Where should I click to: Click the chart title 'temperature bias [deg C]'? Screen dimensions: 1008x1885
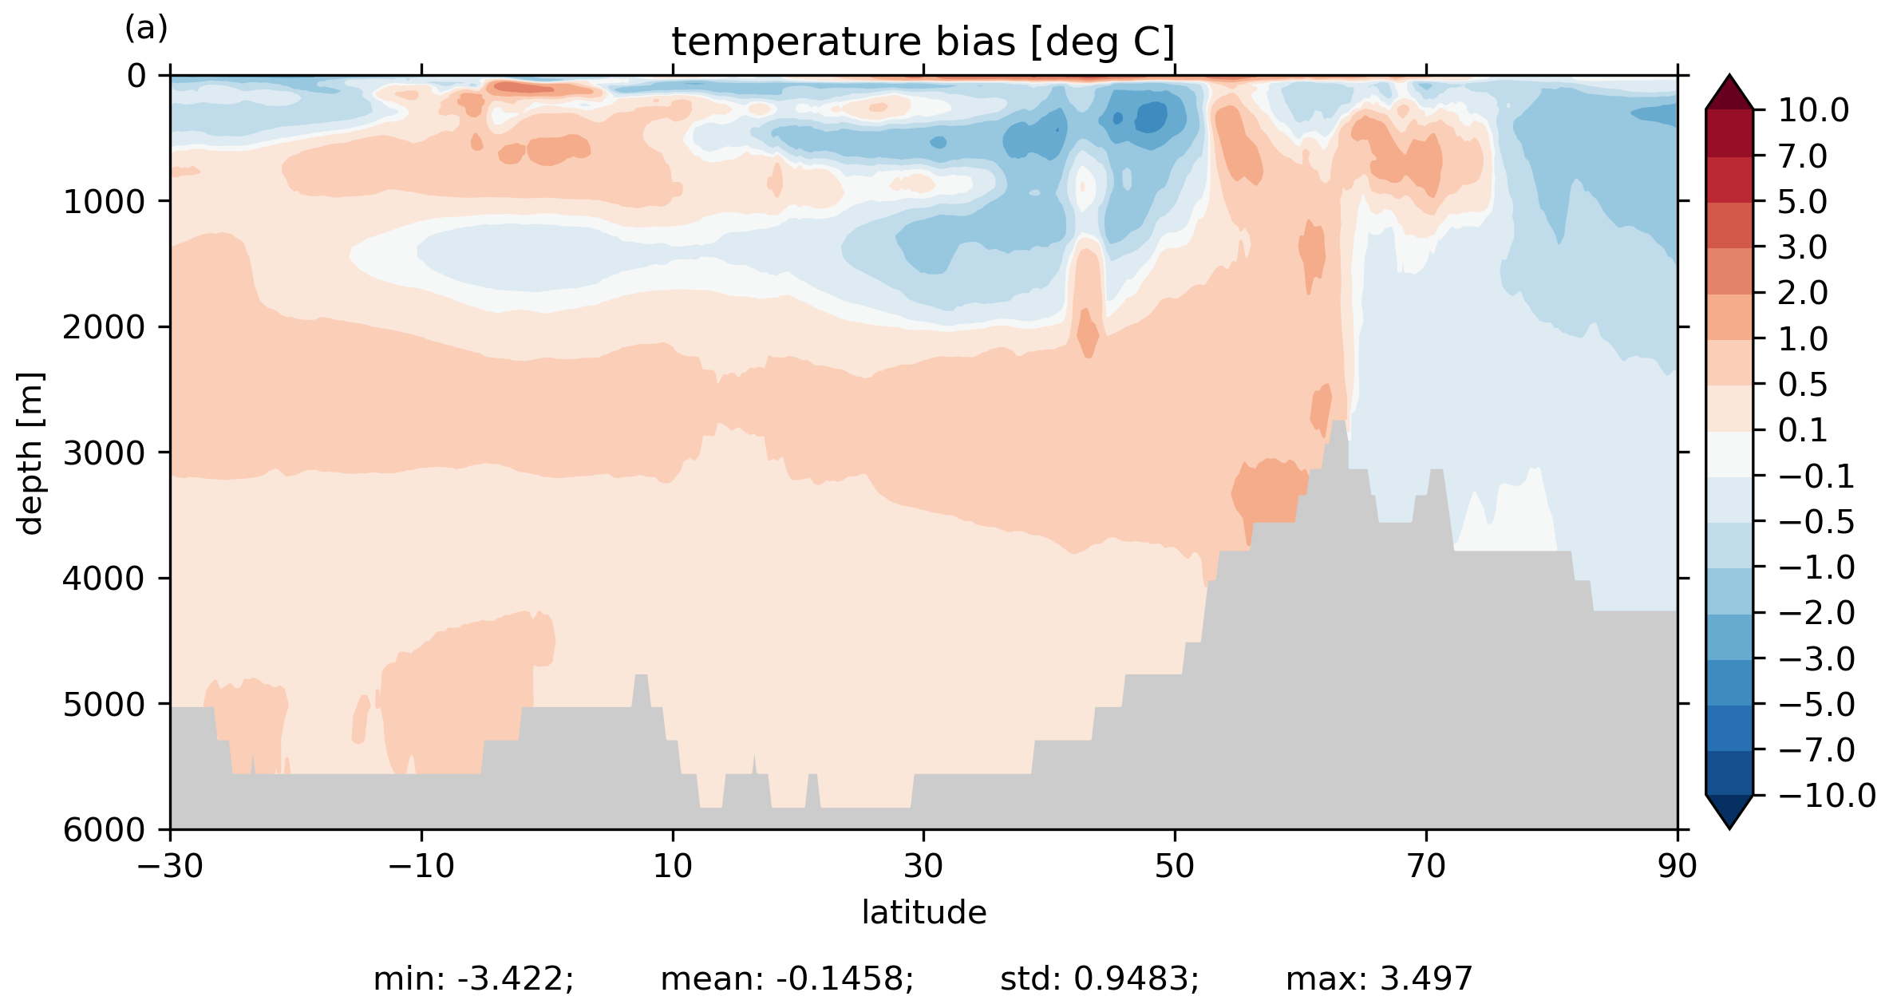(x=923, y=42)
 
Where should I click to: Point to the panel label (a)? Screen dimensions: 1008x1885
(x=146, y=29)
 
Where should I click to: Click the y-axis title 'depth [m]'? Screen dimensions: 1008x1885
(x=30, y=453)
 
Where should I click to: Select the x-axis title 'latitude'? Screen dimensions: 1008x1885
(x=923, y=912)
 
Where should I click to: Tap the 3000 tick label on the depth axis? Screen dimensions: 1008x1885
(x=105, y=453)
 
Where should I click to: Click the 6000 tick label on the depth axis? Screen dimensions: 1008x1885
(x=105, y=830)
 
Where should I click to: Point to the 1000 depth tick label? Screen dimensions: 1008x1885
(x=105, y=202)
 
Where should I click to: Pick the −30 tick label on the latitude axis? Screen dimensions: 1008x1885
(x=170, y=866)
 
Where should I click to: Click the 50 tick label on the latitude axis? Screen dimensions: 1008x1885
(x=1175, y=866)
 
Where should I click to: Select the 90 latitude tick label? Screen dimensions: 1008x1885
(x=1677, y=866)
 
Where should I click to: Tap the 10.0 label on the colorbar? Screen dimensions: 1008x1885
(x=1813, y=110)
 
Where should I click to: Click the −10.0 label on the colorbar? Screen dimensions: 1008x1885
(x=1827, y=796)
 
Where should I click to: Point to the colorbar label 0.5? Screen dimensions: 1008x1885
(x=1803, y=385)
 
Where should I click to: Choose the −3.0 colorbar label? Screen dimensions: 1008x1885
(x=1816, y=659)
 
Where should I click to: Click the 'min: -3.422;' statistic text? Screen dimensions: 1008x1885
(x=473, y=979)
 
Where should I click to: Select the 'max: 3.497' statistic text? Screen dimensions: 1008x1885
(x=1379, y=979)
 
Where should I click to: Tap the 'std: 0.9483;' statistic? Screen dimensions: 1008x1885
(x=1099, y=979)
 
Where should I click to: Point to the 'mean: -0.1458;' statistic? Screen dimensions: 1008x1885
(x=787, y=979)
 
